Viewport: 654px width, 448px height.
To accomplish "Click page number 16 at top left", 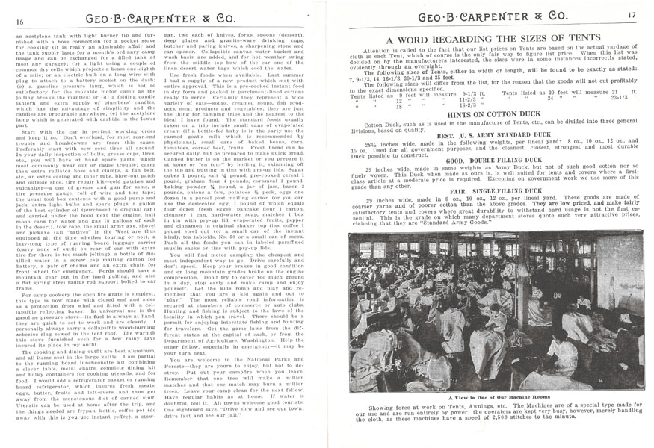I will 17,22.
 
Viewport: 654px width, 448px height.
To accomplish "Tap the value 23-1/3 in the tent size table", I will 618,97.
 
